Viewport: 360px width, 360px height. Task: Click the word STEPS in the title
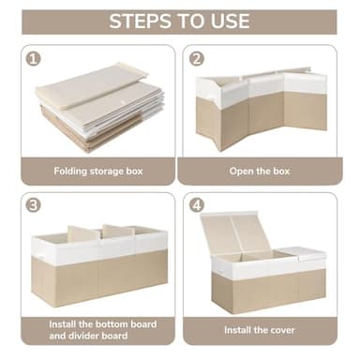point(140,22)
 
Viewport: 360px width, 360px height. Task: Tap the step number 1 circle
point(35,58)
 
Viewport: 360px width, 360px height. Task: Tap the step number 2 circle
point(196,58)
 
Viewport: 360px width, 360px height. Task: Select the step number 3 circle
point(35,205)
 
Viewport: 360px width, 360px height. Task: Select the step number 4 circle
point(196,205)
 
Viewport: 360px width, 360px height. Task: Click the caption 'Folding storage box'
point(98,172)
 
